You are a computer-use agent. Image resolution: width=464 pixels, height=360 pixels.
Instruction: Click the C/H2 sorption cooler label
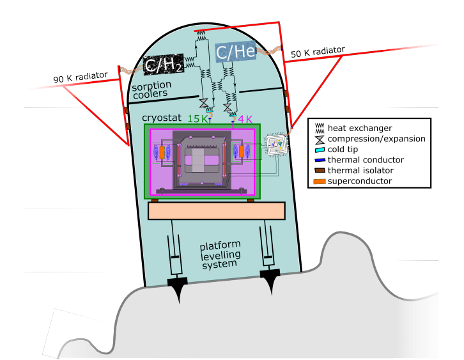point(162,64)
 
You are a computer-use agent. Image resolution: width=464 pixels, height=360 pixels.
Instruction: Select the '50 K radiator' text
point(318,52)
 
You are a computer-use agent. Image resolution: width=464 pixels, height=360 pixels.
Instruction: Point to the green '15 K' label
point(197,118)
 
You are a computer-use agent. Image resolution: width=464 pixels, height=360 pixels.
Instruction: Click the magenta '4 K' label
point(246,118)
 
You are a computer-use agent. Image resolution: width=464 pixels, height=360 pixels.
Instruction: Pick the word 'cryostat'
point(164,118)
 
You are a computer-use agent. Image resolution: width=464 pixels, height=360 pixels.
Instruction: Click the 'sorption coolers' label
point(150,89)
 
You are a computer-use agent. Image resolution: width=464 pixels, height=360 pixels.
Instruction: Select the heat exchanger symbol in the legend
point(318,129)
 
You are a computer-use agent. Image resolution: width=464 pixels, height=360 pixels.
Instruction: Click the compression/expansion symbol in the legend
point(318,139)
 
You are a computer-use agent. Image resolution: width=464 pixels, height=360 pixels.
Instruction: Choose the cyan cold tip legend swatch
point(318,150)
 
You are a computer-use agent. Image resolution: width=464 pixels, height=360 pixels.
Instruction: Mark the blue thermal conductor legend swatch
point(318,160)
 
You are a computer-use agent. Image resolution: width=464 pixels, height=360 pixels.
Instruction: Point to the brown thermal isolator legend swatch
point(318,171)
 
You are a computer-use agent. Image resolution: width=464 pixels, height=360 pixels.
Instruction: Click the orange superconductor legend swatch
point(318,182)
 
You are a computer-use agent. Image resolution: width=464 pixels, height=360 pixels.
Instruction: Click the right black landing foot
point(272,276)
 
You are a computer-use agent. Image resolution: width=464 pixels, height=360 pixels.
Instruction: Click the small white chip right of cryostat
point(276,145)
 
